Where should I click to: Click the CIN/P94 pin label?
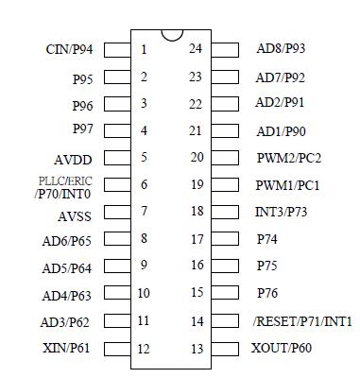pyautogui.click(x=69, y=48)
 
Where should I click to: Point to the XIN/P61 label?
pyautogui.click(x=68, y=349)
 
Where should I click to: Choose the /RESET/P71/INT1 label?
pyautogui.click(x=302, y=321)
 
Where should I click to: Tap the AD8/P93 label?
pyautogui.click(x=282, y=48)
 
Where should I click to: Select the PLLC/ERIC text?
pyautogui.click(x=66, y=180)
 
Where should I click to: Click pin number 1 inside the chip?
pyautogui.click(x=144, y=49)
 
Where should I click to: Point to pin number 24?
pyautogui.click(x=196, y=48)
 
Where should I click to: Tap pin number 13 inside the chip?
pyautogui.click(x=196, y=349)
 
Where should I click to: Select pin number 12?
pyautogui.click(x=144, y=349)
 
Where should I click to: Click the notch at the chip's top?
pyautogui.click(x=171, y=35)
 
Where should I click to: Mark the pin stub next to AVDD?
pyautogui.click(x=116, y=158)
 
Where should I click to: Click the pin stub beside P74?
pyautogui.click(x=225, y=240)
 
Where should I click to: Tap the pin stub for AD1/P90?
pyautogui.click(x=225, y=130)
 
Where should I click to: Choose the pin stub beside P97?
pyautogui.click(x=116, y=129)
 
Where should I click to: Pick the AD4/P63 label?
pyautogui.click(x=66, y=295)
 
